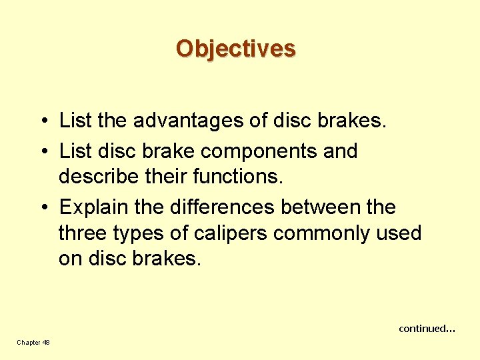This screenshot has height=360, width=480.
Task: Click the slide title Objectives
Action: pyautogui.click(x=235, y=49)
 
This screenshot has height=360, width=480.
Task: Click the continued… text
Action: pyautogui.click(x=427, y=329)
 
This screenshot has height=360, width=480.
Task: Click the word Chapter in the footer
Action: pyautogui.click(x=29, y=343)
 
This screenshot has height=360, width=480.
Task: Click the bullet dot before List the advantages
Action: pyautogui.click(x=42, y=121)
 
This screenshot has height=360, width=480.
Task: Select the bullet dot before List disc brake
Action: pyautogui.click(x=42, y=151)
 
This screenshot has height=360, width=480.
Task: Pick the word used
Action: pyautogui.click(x=399, y=233)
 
